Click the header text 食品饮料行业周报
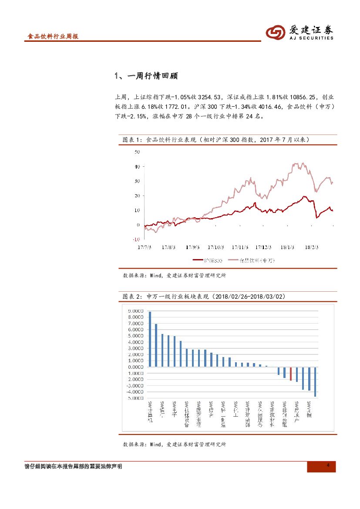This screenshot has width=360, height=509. [x=53, y=37]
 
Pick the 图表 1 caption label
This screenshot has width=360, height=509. [x=130, y=139]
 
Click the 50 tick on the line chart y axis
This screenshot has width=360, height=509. [x=137, y=152]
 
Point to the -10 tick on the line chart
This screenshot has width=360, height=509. [x=136, y=239]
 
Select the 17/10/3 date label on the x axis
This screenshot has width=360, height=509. [x=216, y=247]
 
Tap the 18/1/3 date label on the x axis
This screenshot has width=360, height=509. [x=287, y=247]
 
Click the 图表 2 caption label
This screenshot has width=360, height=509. [x=130, y=297]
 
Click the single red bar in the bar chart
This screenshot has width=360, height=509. [x=291, y=374]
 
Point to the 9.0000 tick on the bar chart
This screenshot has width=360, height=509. [x=135, y=311]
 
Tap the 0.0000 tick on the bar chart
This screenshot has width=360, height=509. [x=135, y=367]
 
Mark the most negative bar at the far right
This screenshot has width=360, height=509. [x=315, y=381]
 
